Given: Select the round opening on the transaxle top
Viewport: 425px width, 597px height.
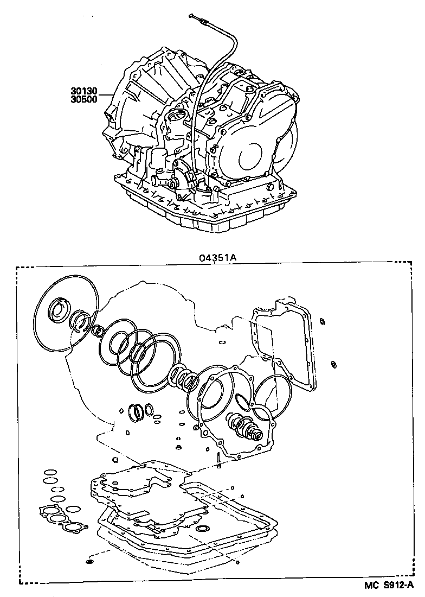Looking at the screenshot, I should point(177,117).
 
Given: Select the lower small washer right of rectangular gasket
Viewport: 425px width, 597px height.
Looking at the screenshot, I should point(334,363).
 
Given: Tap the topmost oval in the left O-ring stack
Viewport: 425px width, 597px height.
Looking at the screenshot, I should point(50,472).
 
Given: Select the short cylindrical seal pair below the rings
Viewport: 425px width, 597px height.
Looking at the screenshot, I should point(140,411).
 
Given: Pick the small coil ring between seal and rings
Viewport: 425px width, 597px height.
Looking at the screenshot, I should point(100,331).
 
